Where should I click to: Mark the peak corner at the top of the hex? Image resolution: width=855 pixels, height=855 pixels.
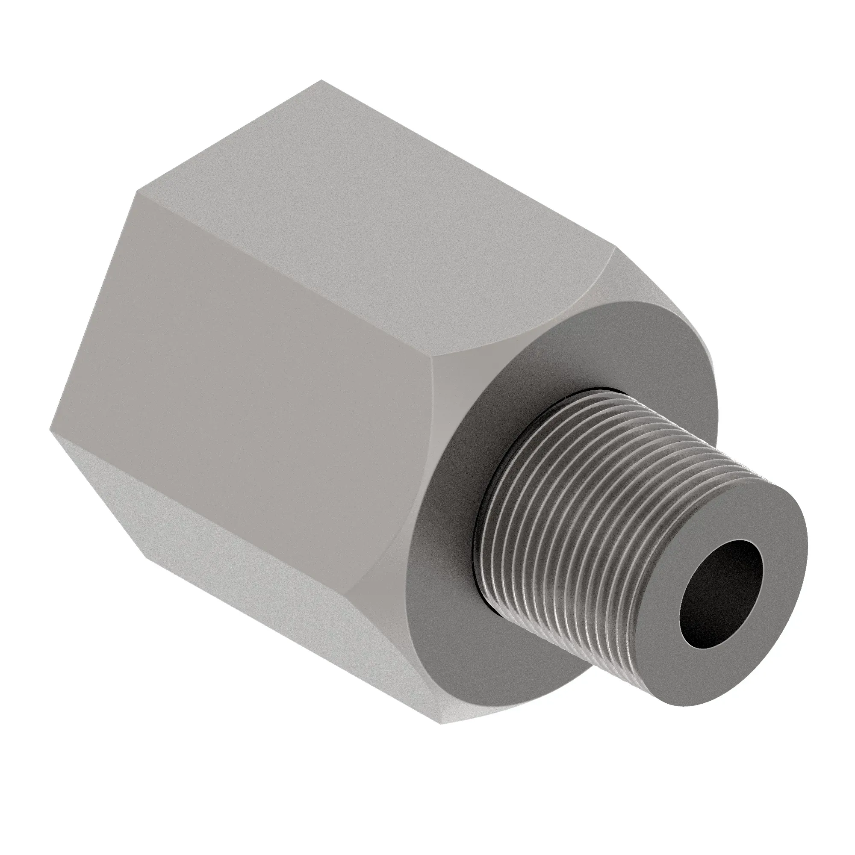pyautogui.click(x=322, y=81)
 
